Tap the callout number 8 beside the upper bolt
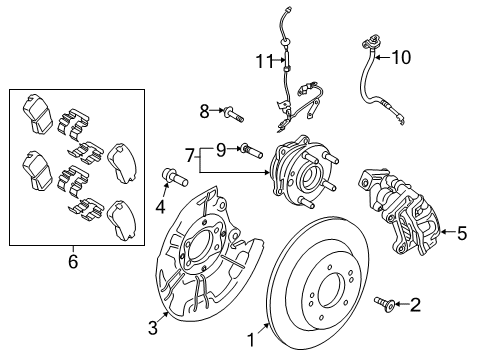(x=204, y=110)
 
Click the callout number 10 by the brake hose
(x=401, y=58)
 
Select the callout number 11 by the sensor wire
(x=263, y=61)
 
